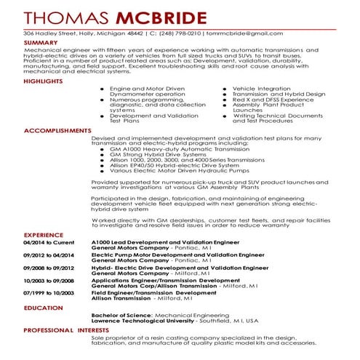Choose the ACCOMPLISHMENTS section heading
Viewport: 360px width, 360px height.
57,131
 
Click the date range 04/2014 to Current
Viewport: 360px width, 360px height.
49,242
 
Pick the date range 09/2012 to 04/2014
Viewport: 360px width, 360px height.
49,255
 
